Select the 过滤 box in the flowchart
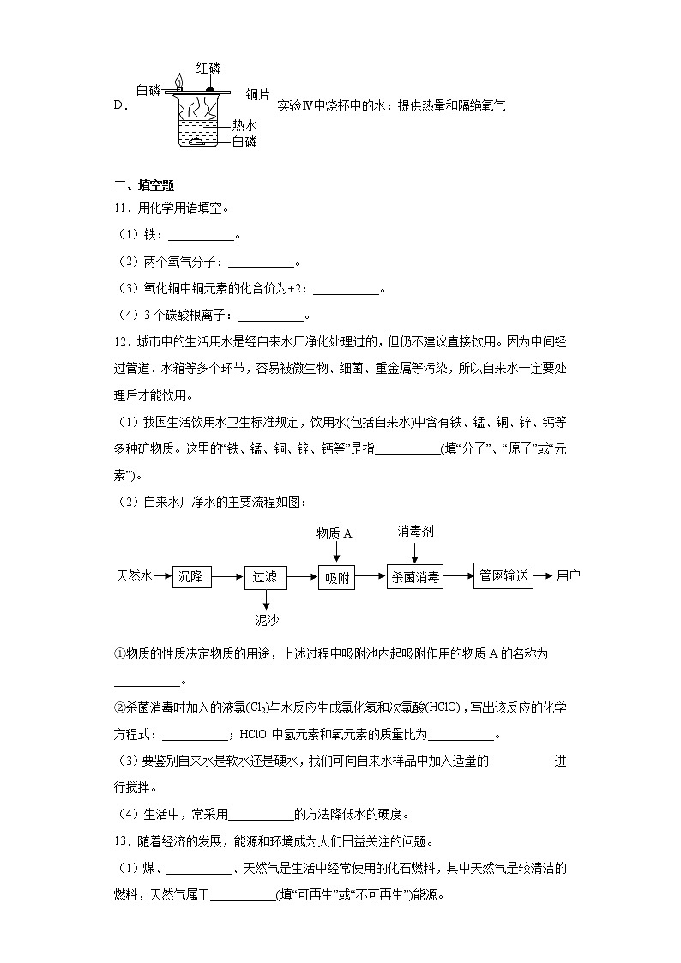(x=264, y=577)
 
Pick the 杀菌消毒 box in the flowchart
(x=415, y=577)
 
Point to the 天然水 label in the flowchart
(x=133, y=576)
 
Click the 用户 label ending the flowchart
(x=568, y=575)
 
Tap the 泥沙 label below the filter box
(x=267, y=619)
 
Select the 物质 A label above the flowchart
(x=334, y=533)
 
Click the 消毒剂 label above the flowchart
(x=415, y=532)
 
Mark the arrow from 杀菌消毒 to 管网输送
(x=458, y=576)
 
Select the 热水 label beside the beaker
(x=244, y=125)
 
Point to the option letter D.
(x=119, y=106)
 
